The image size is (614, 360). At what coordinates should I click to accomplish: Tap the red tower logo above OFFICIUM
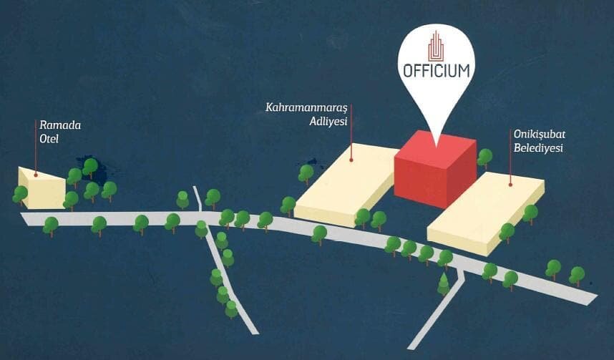436,45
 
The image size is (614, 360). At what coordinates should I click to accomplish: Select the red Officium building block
434,170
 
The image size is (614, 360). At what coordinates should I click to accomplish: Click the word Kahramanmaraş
306,108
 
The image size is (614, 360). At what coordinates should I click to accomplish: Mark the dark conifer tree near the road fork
444,283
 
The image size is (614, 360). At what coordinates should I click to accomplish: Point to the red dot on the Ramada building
36,173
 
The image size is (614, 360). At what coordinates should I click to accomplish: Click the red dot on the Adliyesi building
352,160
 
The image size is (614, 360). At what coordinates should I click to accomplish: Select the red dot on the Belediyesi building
510,184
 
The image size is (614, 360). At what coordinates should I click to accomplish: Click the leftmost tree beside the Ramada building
20,193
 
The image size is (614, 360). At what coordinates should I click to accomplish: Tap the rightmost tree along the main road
577,274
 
